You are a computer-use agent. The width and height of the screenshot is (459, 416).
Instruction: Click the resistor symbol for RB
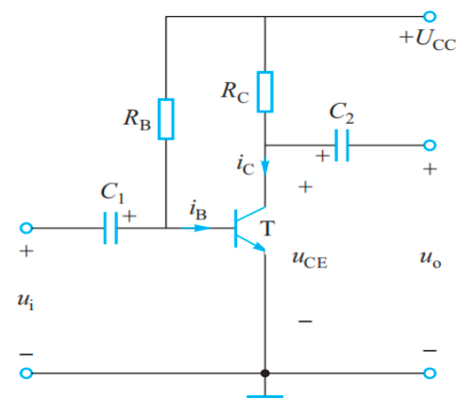165,118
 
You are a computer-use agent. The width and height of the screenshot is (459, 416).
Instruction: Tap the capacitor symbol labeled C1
110,228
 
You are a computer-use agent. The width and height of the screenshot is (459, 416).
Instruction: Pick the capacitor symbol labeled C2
341,146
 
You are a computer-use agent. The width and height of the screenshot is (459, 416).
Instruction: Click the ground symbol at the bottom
265,396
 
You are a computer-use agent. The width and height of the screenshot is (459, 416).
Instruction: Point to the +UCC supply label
426,41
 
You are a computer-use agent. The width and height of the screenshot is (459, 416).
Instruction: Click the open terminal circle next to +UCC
431,16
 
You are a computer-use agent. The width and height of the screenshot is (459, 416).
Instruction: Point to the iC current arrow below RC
265,167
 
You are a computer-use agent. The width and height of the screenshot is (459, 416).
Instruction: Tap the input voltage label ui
25,301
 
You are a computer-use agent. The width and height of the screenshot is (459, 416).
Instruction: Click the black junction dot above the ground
265,373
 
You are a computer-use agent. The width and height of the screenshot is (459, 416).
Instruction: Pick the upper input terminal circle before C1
26,228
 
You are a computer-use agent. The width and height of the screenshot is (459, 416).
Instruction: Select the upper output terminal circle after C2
431,146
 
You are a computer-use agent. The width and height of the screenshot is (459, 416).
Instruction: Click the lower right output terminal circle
431,373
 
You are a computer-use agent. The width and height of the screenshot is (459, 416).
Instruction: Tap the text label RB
135,119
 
